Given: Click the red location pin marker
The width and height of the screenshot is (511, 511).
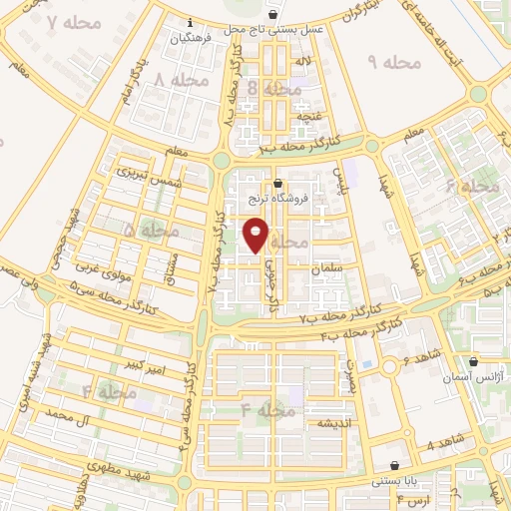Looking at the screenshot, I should [x=256, y=234].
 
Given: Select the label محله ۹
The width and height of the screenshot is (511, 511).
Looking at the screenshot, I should [x=396, y=63].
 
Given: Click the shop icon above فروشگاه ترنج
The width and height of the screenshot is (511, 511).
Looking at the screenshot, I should [x=277, y=183].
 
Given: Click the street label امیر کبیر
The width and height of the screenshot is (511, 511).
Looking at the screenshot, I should [x=146, y=369].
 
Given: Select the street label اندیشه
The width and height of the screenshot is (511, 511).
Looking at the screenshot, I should [x=310, y=423].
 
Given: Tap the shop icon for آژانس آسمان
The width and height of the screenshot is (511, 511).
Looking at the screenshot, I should [x=472, y=361].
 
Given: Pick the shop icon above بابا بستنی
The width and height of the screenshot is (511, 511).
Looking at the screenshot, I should [x=396, y=465].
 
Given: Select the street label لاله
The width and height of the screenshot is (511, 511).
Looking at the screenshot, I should [x=297, y=62].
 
